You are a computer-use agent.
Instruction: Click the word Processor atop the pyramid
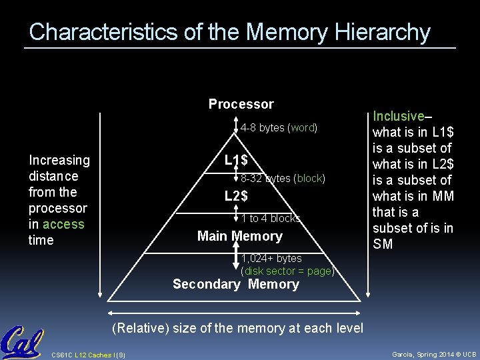pos(241,104)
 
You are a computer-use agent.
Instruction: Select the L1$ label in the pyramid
pos(236,160)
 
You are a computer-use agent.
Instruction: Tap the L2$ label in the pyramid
pos(236,196)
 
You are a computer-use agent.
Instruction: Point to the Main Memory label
pos(240,236)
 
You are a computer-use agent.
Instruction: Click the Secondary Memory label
pos(236,284)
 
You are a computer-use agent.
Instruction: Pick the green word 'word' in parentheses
pos(303,128)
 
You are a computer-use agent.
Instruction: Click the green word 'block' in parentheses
pos(309,179)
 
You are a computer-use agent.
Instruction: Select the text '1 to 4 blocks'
pos(270,219)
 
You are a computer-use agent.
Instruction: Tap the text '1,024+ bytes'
pos(271,258)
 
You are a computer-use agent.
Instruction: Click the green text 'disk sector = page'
pos(287,271)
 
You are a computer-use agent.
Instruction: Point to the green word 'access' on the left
pos(63,224)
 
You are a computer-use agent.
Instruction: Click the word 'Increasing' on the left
pos(59,160)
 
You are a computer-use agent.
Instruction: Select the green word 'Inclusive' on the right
pos(399,116)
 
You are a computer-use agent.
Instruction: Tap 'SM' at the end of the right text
pos(383,244)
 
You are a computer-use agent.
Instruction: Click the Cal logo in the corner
pos(21,343)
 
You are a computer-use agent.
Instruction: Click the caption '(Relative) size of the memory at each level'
pos(238,328)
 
